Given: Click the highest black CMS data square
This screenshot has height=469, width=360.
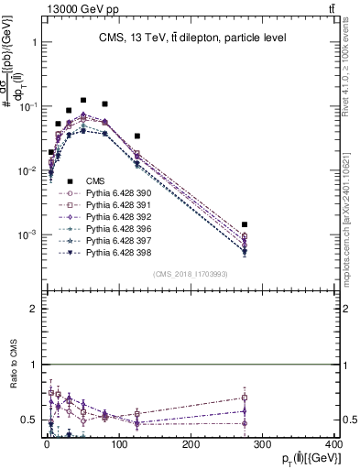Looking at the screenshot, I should click(x=83, y=100).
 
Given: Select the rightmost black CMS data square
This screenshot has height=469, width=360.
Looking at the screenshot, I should click(x=245, y=224).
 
